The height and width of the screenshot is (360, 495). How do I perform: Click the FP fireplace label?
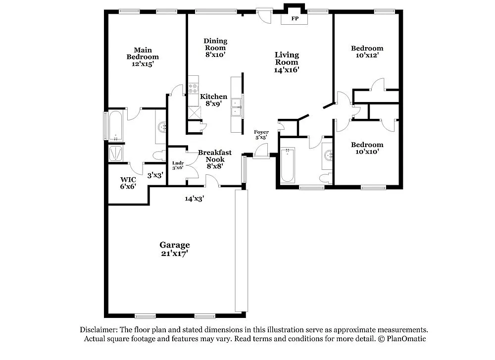[295, 19]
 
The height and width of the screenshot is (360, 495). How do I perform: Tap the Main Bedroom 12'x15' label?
[143, 56]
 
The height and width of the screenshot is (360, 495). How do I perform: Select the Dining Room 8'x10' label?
[215, 48]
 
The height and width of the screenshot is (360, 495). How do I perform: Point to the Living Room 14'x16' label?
[287, 62]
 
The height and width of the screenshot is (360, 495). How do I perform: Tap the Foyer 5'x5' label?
[261, 135]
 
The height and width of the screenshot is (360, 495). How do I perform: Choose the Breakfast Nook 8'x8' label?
[215, 159]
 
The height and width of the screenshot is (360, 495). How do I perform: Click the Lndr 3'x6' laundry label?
[178, 165]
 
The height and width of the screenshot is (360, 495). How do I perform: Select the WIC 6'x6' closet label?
[128, 183]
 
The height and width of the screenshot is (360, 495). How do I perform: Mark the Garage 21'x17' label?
[174, 249]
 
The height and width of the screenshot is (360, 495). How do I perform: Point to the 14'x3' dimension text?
[195, 199]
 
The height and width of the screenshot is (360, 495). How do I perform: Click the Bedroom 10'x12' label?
[367, 51]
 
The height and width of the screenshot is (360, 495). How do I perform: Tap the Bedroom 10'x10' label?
[367, 148]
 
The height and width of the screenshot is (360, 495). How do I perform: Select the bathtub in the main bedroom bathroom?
[115, 126]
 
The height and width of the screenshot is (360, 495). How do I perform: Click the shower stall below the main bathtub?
[117, 153]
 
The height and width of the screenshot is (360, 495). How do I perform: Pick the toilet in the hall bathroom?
[325, 178]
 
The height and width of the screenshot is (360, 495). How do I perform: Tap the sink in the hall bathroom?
[328, 156]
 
